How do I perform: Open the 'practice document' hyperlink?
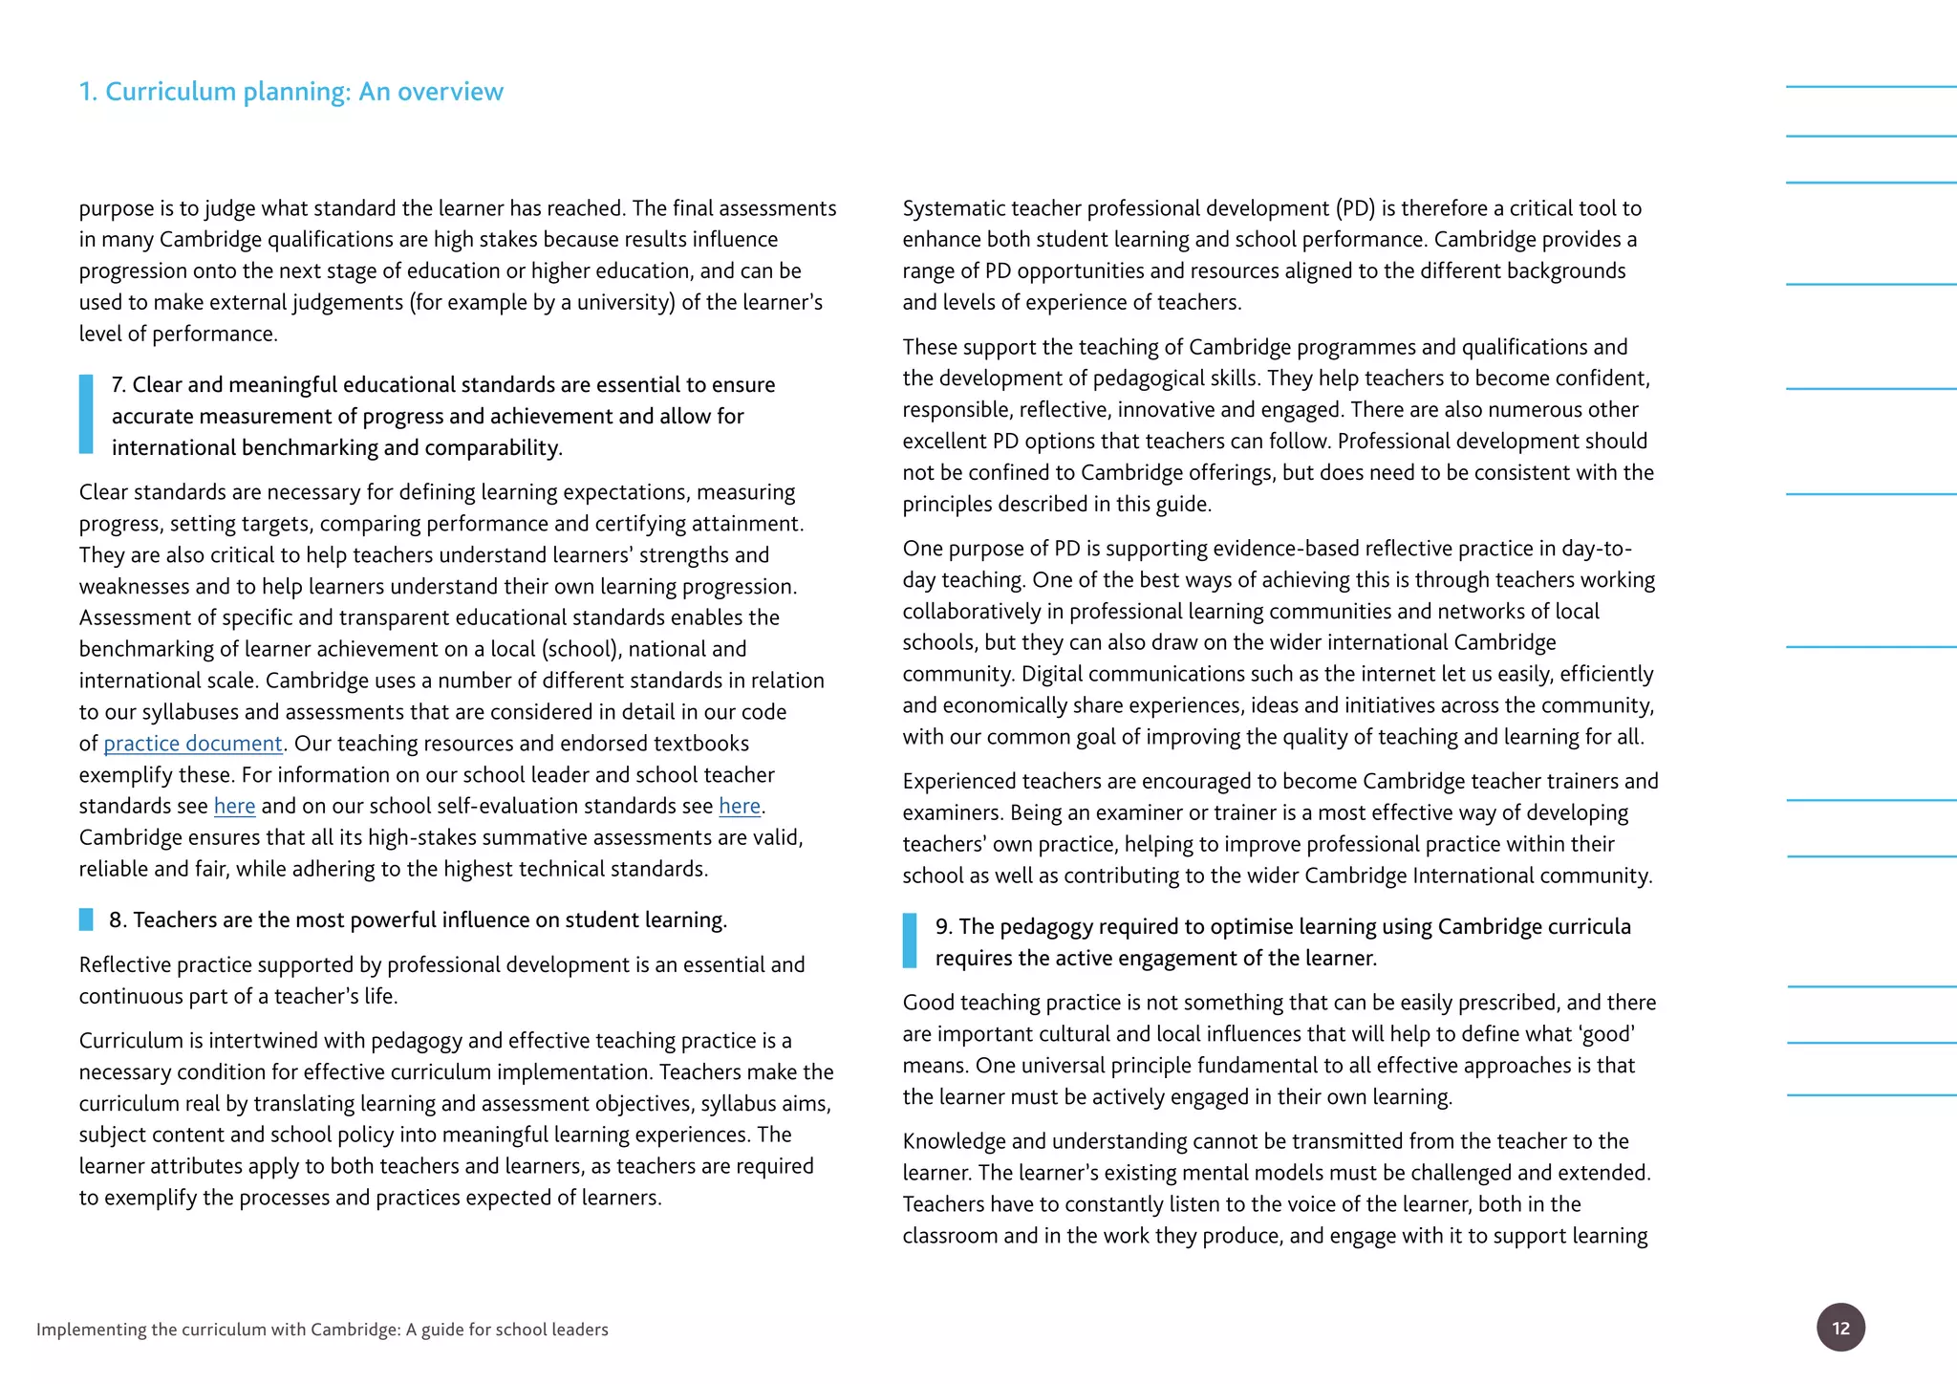point(192,744)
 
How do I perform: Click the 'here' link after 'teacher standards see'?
point(234,807)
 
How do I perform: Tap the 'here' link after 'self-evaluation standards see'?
point(739,807)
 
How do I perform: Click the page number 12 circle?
point(1839,1328)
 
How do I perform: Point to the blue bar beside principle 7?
point(86,414)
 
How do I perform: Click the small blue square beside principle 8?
point(86,919)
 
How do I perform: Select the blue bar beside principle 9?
point(909,941)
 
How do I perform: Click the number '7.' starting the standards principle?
point(119,385)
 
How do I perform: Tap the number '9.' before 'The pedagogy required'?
point(943,927)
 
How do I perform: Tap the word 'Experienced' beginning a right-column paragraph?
point(962,782)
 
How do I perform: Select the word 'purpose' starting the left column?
point(116,209)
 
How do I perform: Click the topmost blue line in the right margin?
point(1870,87)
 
